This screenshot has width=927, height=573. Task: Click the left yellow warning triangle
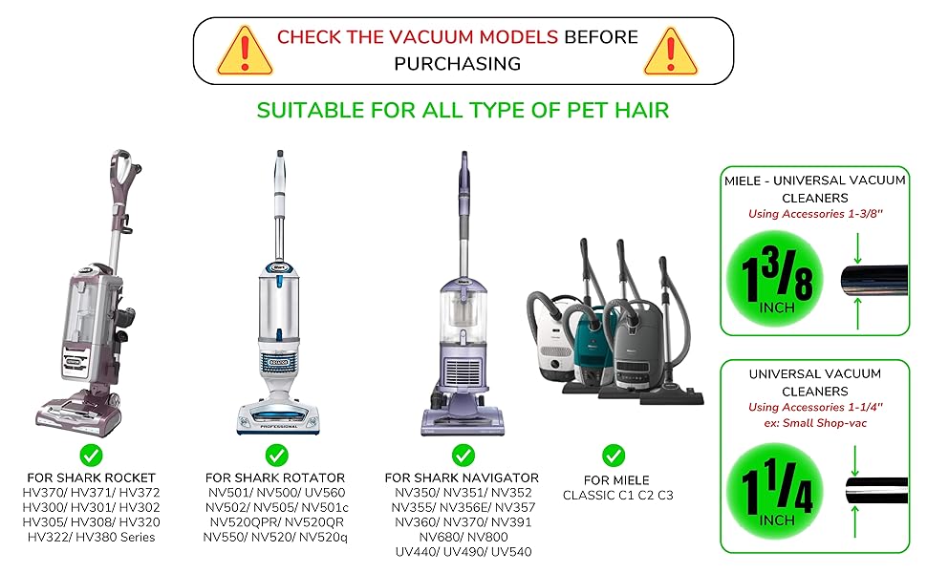[x=245, y=52]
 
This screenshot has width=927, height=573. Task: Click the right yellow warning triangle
[x=671, y=52]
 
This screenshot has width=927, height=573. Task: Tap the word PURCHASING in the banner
[x=458, y=64]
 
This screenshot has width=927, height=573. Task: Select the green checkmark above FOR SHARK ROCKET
[x=91, y=456]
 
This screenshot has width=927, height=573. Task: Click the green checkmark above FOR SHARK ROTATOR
[x=277, y=456]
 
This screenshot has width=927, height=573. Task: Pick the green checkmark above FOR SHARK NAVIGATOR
[x=463, y=456]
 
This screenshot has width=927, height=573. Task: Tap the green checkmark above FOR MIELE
[x=614, y=456]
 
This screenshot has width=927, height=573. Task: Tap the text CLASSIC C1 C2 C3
[x=617, y=495]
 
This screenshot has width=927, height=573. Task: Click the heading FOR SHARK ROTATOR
[x=275, y=477]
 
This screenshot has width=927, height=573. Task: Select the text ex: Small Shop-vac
[x=815, y=423]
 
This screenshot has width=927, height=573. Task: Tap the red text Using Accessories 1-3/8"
[x=815, y=214]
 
